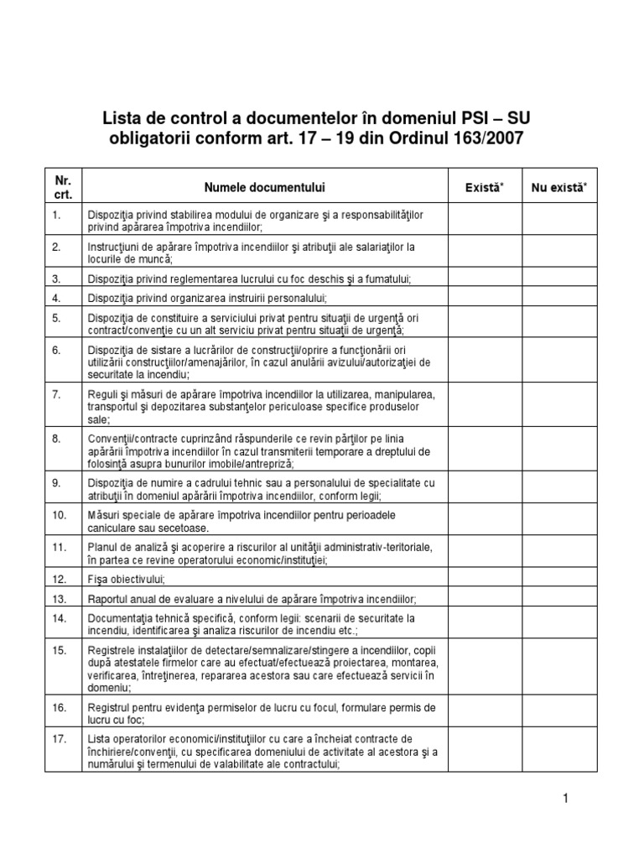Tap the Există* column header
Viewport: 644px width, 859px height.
point(485,187)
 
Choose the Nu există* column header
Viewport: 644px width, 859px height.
point(559,187)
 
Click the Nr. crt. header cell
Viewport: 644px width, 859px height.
point(64,187)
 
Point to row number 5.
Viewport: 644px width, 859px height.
point(57,318)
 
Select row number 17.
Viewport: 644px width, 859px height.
point(59,738)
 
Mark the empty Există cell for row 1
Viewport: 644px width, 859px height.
point(485,221)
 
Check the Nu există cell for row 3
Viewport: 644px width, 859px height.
point(559,279)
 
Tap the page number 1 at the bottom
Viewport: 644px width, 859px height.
point(566,799)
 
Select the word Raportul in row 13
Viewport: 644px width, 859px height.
point(110,599)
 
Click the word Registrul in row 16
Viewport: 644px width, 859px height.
point(111,707)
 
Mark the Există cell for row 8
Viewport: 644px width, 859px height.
point(485,450)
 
